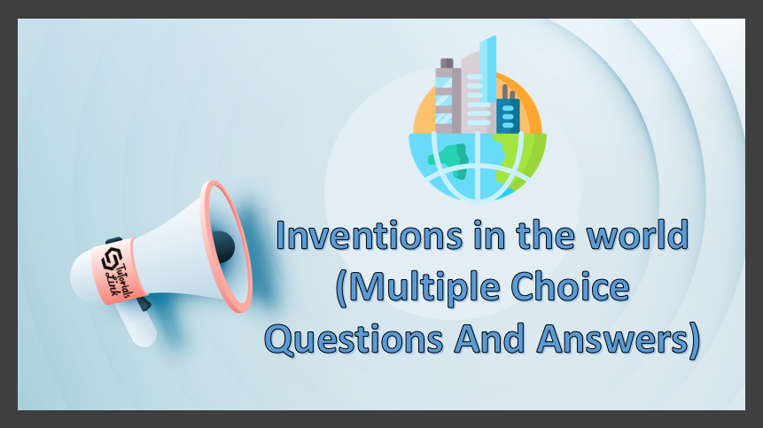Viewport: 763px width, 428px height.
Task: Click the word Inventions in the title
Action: pos(370,236)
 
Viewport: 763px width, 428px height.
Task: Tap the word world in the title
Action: pos(637,234)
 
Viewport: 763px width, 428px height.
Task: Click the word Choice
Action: pos(571,286)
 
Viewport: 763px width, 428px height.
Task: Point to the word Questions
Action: pos(354,339)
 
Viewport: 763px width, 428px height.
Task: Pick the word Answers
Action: pos(611,339)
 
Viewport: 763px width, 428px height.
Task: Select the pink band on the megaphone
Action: pos(118,271)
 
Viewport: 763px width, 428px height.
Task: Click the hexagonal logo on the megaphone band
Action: pos(111,259)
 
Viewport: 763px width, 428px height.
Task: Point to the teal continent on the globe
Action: pos(449,160)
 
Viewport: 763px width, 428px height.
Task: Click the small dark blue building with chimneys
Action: pos(508,112)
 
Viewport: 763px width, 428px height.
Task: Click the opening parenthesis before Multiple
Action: pos(341,290)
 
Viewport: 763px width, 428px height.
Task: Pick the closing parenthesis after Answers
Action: pos(695,340)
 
